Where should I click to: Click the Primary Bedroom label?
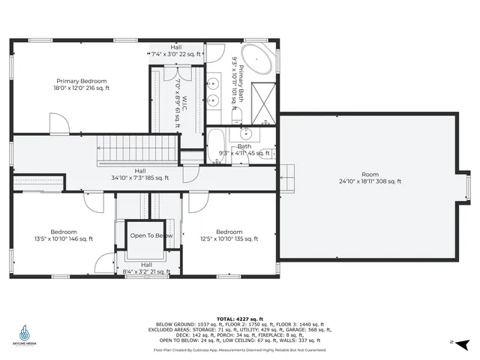[83, 84]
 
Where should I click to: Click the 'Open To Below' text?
[151, 235]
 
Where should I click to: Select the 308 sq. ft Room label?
[370, 178]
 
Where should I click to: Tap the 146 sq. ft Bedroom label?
[64, 235]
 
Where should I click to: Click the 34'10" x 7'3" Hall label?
[140, 174]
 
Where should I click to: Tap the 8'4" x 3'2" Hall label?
[146, 268]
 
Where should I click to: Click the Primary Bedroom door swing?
[59, 123]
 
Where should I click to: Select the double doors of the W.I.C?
[171, 74]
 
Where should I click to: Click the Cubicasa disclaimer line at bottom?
[240, 349]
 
